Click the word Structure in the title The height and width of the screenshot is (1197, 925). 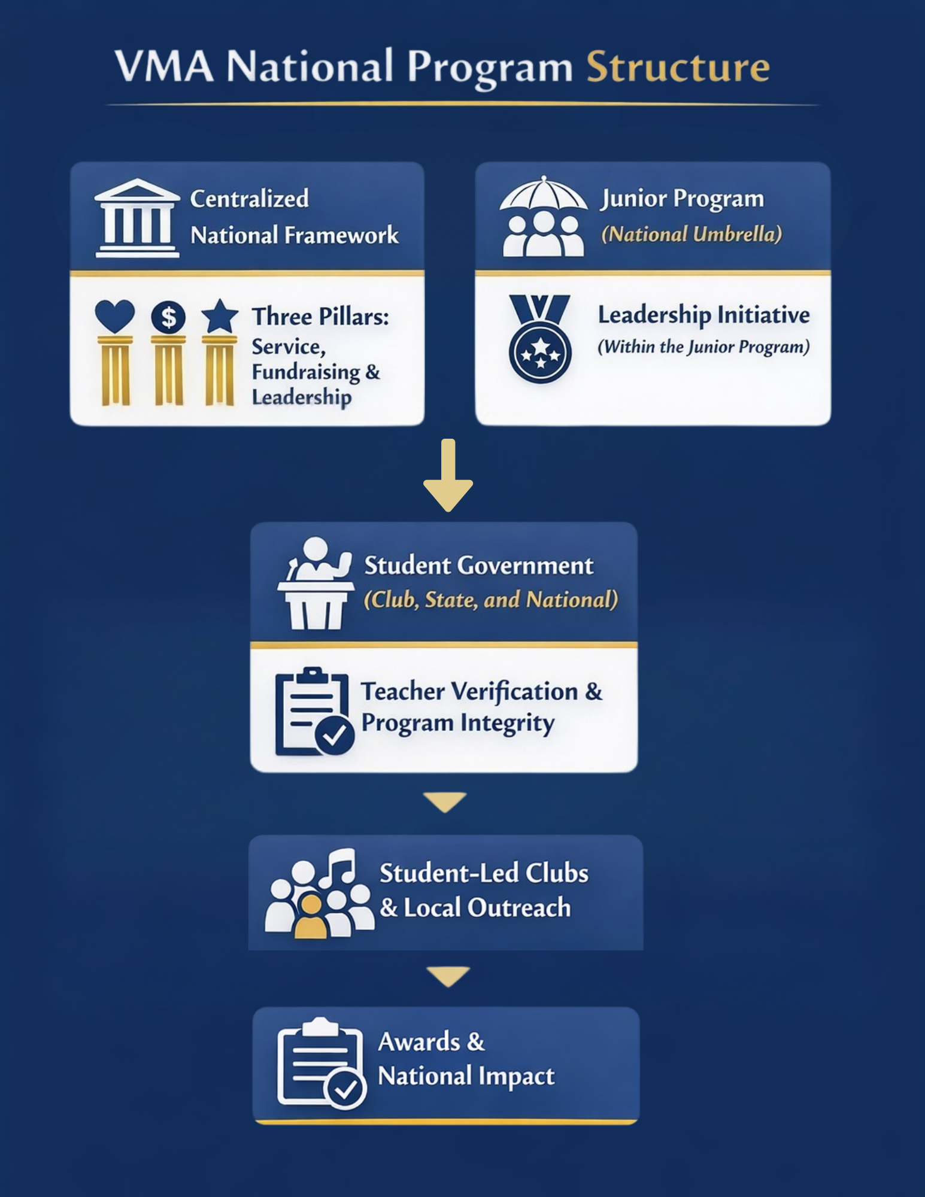(x=677, y=67)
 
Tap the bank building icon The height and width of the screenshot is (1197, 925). (x=137, y=218)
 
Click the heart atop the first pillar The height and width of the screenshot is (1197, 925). (x=115, y=315)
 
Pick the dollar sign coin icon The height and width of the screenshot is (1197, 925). (x=168, y=317)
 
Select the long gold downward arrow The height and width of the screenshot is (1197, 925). (x=448, y=475)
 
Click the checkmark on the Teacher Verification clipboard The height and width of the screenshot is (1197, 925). (x=334, y=734)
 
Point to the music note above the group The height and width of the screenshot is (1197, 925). (x=339, y=868)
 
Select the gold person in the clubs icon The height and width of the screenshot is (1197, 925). (x=310, y=916)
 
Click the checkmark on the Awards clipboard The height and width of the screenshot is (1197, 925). (x=345, y=1088)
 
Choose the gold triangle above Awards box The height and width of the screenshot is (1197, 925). (x=448, y=976)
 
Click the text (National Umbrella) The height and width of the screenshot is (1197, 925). (x=692, y=234)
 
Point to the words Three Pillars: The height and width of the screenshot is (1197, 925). (x=320, y=317)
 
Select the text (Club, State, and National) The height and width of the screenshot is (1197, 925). (x=491, y=600)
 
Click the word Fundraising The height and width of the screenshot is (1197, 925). (x=306, y=372)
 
